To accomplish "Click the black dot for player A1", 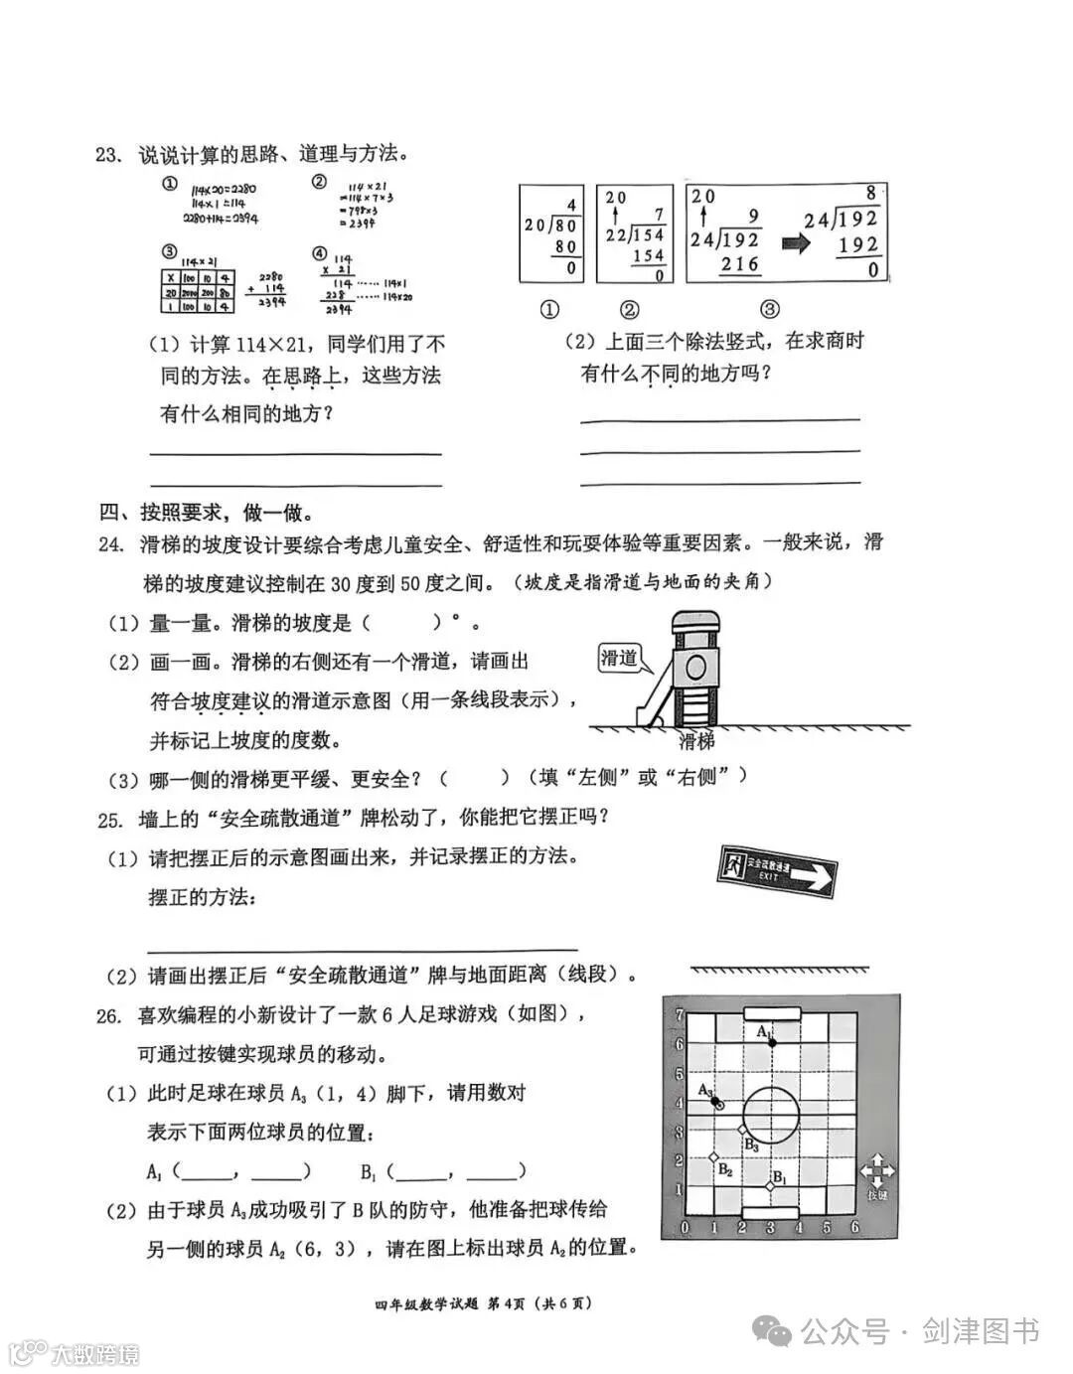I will pyautogui.click(x=770, y=1039).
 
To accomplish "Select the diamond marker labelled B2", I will pyautogui.click(x=712, y=1157).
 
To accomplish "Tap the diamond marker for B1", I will pyautogui.click(x=770, y=1186).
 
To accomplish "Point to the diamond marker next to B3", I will pyautogui.click(x=741, y=1130).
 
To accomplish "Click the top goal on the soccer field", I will pyautogui.click(x=771, y=1012).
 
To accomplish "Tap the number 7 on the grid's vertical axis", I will pyautogui.click(x=679, y=1014).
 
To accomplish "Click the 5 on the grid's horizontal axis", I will pyautogui.click(x=827, y=1228).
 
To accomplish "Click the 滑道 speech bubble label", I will pyautogui.click(x=619, y=658).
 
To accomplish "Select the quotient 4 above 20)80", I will pyautogui.click(x=571, y=206).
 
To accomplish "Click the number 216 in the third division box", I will pyautogui.click(x=738, y=263).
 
